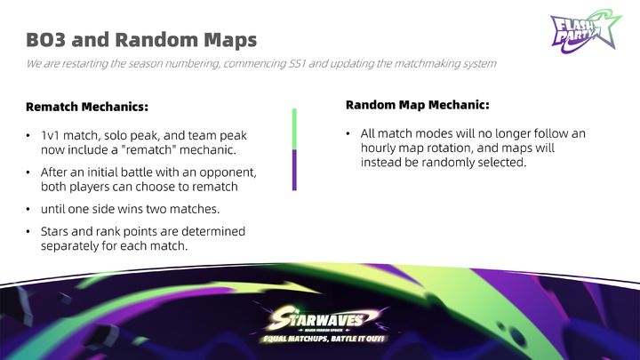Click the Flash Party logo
pyautogui.click(x=586, y=32)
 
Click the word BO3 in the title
pyautogui.click(x=45, y=40)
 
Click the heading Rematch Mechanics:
pyautogui.click(x=87, y=107)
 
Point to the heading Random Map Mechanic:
pyautogui.click(x=417, y=105)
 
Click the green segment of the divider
pyautogui.click(x=294, y=129)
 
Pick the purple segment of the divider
pyautogui.click(x=294, y=170)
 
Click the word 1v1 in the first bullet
pyautogui.click(x=50, y=135)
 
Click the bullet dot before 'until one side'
pyautogui.click(x=28, y=210)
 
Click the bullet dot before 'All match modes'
pyautogui.click(x=348, y=133)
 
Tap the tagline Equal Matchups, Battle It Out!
pyautogui.click(x=324, y=339)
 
